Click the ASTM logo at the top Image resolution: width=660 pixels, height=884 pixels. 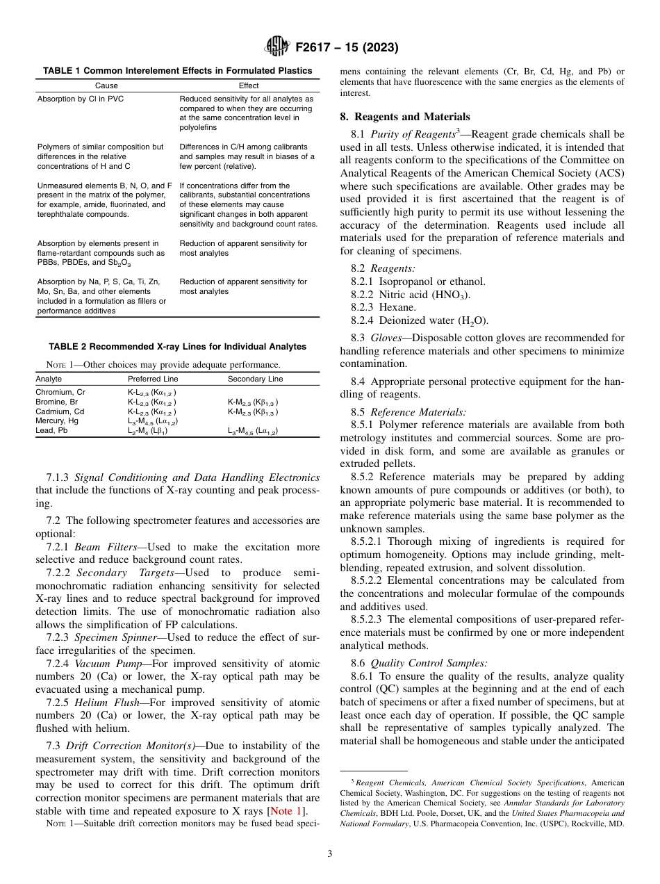[277, 47]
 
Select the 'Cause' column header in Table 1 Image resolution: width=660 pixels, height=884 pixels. [106, 86]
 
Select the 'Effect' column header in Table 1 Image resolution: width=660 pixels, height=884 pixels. [248, 86]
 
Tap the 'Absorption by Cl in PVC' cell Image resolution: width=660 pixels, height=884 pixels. [76, 99]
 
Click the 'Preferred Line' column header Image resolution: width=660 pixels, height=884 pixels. [152, 379]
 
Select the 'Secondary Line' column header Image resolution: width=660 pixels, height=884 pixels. [255, 379]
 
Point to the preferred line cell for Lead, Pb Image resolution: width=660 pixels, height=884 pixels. [147, 431]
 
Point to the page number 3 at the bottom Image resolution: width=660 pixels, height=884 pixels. [330, 854]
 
